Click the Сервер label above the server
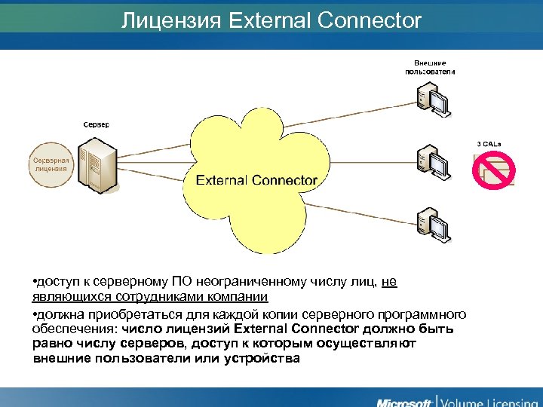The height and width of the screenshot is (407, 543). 96,124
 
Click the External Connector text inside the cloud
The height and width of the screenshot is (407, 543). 256,180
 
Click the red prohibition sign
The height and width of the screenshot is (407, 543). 493,170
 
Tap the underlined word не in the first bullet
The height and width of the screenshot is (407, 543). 388,282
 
